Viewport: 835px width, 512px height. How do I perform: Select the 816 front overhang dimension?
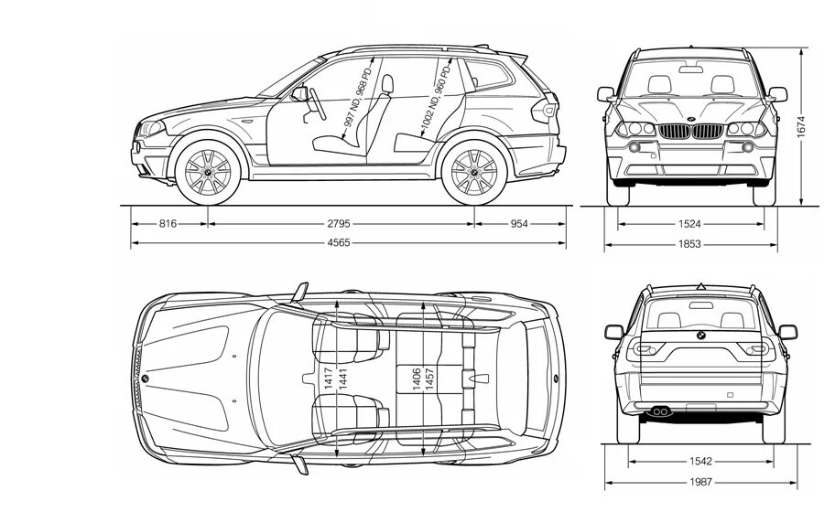[168, 223]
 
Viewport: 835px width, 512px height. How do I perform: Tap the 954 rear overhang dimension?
[520, 223]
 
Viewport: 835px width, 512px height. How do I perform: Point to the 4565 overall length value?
[349, 243]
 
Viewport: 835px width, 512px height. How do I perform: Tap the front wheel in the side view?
[208, 172]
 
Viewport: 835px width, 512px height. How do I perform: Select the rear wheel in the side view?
[474, 172]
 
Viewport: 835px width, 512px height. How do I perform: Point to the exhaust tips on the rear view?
[659, 412]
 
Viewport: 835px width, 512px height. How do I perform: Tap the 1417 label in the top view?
[328, 379]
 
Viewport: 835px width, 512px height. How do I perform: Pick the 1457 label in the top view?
[429, 379]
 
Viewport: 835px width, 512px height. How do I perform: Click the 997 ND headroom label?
[355, 96]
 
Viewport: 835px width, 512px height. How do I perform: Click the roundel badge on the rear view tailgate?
[699, 338]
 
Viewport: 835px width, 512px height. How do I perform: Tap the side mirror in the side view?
[299, 92]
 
